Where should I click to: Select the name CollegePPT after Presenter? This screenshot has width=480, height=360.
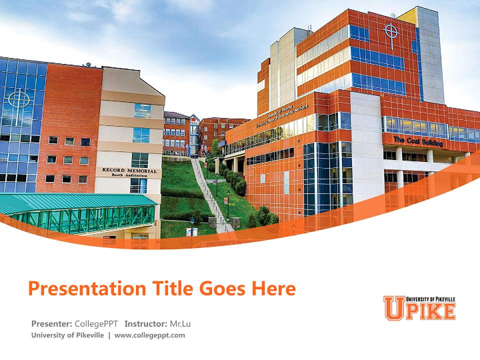(x=97, y=323)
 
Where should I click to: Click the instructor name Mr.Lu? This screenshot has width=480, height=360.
(x=180, y=323)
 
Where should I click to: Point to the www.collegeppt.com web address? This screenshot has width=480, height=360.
(x=149, y=335)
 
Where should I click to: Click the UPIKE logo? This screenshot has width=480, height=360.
(x=419, y=307)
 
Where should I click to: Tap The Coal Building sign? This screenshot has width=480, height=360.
(x=418, y=141)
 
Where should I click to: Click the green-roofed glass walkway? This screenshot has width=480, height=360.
(x=80, y=212)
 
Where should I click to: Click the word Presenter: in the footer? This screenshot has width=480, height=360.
(x=51, y=323)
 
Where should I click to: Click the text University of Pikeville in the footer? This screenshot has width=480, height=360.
(x=67, y=335)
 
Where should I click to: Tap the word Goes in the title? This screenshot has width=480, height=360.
(x=223, y=289)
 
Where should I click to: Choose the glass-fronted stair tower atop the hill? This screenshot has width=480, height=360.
(x=194, y=134)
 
